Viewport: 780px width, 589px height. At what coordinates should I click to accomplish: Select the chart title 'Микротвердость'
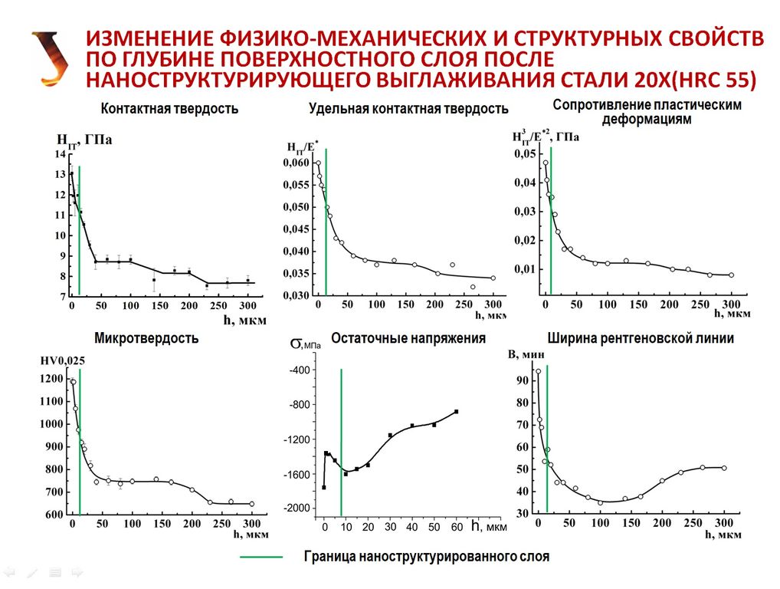(x=146, y=338)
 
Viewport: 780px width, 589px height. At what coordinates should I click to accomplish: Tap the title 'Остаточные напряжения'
(x=408, y=338)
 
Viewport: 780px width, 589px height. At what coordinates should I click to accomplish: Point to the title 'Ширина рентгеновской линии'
(x=641, y=338)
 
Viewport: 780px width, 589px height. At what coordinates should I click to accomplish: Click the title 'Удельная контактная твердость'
(x=408, y=109)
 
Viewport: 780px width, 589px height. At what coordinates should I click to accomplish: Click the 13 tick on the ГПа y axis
(x=61, y=175)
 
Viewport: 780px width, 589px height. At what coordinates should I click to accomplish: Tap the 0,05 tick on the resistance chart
(x=525, y=155)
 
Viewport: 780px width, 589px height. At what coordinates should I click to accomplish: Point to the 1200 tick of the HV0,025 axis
(x=55, y=379)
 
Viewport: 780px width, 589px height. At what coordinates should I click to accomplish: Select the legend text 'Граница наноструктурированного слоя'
(x=426, y=557)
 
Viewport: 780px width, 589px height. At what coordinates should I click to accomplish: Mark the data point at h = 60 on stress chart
(x=456, y=412)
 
